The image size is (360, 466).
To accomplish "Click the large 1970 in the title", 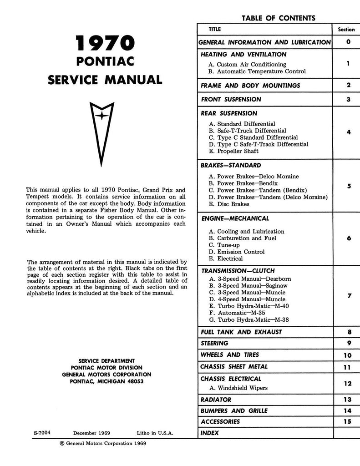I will [x=105, y=45].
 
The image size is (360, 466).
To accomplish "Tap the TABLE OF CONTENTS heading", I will [x=278, y=18].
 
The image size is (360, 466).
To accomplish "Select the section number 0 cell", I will [x=348, y=42].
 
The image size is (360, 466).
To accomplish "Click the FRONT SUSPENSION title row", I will [x=231, y=99].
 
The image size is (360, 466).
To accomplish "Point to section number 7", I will [x=349, y=296].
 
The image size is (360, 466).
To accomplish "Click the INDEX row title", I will [x=210, y=433].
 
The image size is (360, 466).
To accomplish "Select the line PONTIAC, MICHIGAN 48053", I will [x=106, y=381].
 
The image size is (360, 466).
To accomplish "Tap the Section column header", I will [x=346, y=30].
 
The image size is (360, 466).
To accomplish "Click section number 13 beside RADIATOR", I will [x=348, y=400].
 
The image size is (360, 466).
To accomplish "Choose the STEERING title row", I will [x=215, y=343].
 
